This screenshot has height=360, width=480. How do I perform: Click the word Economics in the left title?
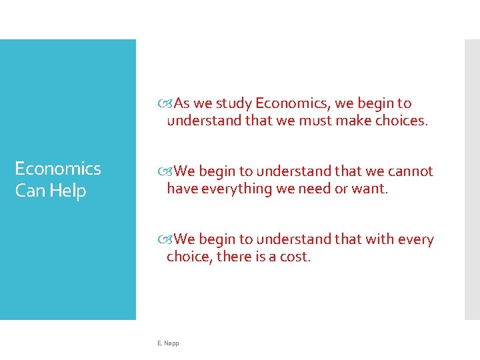pos(58,169)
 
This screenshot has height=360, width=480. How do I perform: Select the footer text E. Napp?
pos(168,343)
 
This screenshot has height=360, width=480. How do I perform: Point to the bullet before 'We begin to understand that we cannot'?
pos(166,172)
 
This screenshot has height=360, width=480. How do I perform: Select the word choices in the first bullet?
pos(400,121)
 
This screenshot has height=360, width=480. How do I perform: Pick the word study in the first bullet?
pos(233,103)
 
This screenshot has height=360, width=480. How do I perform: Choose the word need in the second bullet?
pos(314,189)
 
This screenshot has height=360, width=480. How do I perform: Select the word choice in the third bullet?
pos(189,257)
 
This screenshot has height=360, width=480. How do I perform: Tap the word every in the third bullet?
pos(417,239)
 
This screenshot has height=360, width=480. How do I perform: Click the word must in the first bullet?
pos(314,121)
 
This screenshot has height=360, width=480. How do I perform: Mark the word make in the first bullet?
pos(353,121)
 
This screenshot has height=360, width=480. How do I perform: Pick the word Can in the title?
pos(29,191)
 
